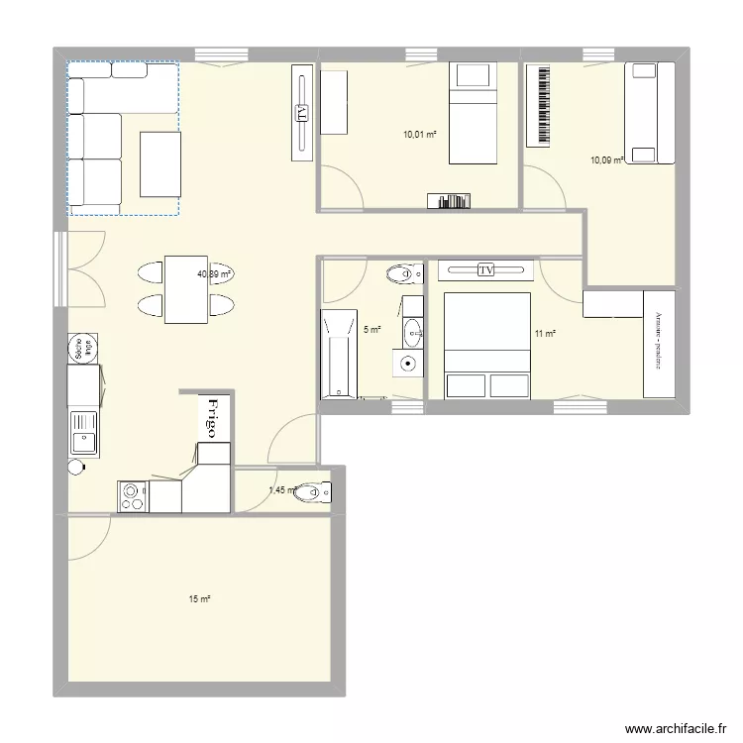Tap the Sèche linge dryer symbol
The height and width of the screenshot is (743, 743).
[x=76, y=349]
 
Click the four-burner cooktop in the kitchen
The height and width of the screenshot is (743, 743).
[x=133, y=495]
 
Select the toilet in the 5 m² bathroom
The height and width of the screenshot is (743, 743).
[x=402, y=273]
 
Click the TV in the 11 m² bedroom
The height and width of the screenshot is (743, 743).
[x=485, y=269]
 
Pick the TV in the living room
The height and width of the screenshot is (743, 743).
[x=302, y=111]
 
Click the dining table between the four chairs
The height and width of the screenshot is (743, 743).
[x=187, y=289]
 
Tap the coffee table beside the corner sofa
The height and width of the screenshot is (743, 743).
[x=160, y=164]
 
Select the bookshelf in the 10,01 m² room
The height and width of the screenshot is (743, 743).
[x=449, y=201]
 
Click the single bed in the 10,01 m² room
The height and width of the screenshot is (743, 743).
[x=472, y=112]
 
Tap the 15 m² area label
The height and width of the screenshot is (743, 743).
[x=199, y=598]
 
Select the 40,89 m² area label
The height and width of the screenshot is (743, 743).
[x=214, y=274]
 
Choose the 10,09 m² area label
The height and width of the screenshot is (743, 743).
[x=606, y=159]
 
